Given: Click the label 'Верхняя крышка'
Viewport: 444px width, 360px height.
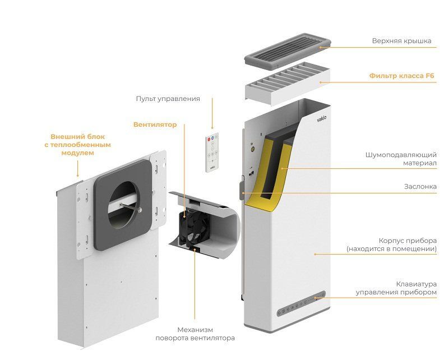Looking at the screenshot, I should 402,41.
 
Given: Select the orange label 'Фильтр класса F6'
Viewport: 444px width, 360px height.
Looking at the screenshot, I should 401,76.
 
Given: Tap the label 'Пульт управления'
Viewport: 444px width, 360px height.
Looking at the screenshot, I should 168,99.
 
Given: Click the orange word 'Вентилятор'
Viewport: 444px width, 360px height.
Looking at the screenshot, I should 154,124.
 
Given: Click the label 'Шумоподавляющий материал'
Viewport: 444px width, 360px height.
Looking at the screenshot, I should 400,159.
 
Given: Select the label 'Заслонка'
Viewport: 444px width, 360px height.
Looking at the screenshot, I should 420,187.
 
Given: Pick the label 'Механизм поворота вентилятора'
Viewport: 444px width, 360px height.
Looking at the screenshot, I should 195,334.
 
